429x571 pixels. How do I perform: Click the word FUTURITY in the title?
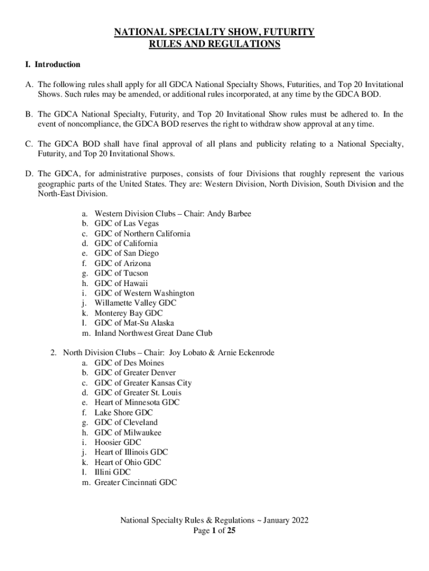point(287,33)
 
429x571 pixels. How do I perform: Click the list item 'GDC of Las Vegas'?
point(126,224)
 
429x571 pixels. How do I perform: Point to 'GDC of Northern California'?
point(142,234)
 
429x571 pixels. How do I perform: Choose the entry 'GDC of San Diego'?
point(126,253)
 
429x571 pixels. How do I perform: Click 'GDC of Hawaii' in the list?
point(121,283)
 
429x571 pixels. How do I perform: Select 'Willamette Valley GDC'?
point(135,303)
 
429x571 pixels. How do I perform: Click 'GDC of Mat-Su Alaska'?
point(134,323)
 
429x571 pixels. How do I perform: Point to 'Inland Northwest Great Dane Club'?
point(153,333)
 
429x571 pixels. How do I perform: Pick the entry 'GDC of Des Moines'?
point(129,362)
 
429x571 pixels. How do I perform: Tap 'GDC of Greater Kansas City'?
point(143,383)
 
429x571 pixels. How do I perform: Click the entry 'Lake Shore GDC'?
point(123,413)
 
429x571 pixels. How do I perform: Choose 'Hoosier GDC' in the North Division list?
point(118,442)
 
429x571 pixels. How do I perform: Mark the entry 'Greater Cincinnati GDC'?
point(135,482)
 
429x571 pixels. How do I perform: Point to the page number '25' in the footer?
point(231,531)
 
